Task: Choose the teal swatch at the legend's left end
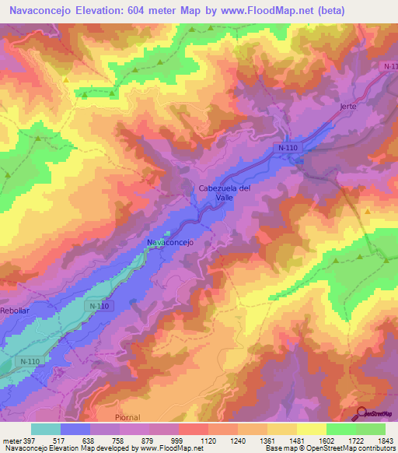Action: (x=45, y=429)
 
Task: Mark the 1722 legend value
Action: (x=344, y=440)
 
